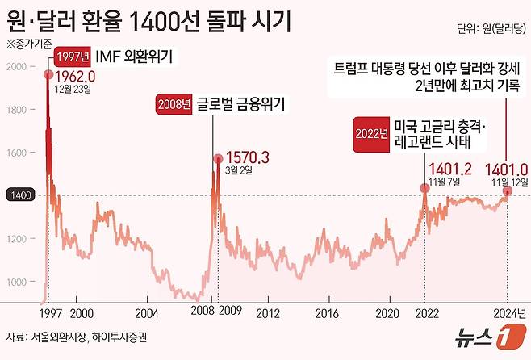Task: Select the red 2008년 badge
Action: [175, 104]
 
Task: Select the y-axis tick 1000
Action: [16, 281]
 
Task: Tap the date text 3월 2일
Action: [238, 170]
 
